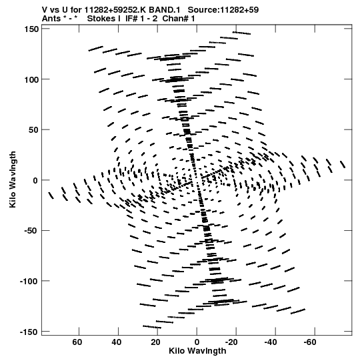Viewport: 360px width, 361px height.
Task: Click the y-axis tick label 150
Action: pos(31,29)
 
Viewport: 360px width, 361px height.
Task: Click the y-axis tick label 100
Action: pos(31,79)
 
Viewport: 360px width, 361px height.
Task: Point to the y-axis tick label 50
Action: pos(33,130)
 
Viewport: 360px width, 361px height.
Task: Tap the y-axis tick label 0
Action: pos(35,180)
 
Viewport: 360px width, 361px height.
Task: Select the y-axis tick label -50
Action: pos(31,231)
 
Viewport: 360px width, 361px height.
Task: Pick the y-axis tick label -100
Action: pos(29,282)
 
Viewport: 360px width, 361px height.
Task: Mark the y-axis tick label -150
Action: pos(29,332)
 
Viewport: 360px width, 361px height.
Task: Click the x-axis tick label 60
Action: pos(77,342)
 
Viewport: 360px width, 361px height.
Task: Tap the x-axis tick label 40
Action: pos(117,342)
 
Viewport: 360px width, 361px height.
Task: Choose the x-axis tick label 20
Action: pos(155,342)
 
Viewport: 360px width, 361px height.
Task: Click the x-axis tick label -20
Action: pos(231,342)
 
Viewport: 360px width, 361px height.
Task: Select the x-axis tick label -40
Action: pos(271,342)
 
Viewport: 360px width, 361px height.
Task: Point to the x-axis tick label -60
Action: pos(310,342)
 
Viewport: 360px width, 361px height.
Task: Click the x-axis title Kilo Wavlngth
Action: pos(197,351)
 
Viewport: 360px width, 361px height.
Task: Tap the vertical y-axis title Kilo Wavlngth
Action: pos(13,179)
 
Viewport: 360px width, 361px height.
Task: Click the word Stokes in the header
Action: pos(101,19)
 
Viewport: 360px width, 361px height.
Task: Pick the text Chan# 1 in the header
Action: pos(179,19)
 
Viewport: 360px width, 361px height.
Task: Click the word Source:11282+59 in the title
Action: pos(223,10)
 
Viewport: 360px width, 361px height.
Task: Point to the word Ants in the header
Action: pos(51,19)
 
